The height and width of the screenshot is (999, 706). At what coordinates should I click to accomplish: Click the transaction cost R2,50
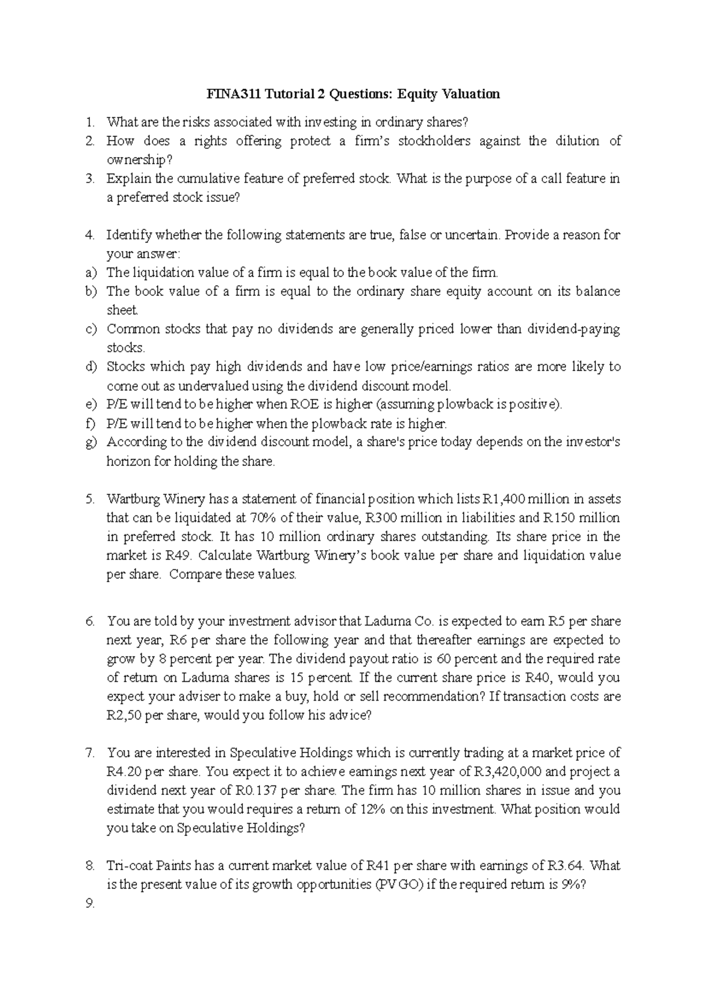point(124,715)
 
